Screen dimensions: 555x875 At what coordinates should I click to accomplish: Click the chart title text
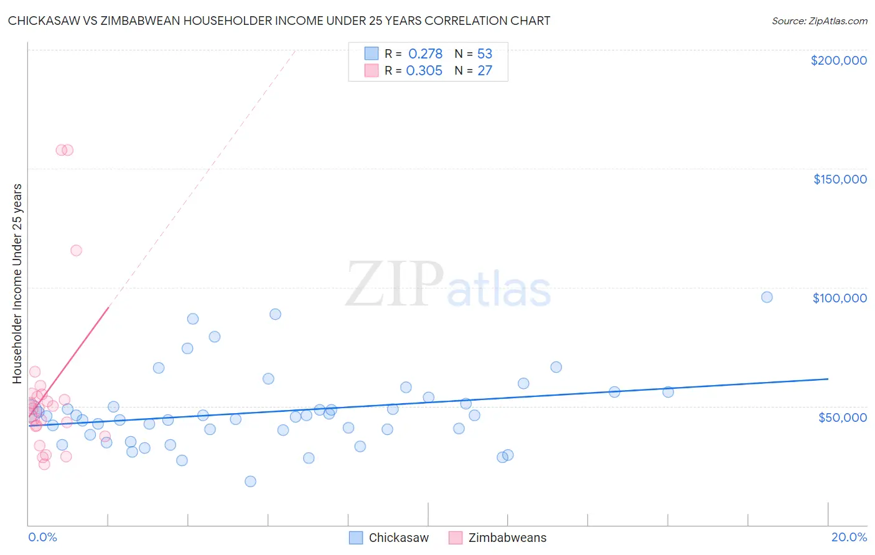[279, 21]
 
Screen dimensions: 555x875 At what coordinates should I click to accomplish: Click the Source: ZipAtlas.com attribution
[819, 21]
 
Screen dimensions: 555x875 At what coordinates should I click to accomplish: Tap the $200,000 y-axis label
[838, 60]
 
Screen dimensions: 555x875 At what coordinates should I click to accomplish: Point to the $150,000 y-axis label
[840, 179]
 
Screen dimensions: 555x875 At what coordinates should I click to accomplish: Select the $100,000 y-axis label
[840, 298]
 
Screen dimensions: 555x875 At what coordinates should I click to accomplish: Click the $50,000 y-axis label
[842, 417]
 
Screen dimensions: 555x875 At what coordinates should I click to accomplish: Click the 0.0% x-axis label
[42, 537]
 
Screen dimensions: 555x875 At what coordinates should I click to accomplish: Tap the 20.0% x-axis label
[849, 537]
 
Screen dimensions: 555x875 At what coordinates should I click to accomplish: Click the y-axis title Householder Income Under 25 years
[17, 283]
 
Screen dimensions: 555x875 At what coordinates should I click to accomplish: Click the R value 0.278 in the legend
[425, 54]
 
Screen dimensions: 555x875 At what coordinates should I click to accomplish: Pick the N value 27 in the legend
[485, 71]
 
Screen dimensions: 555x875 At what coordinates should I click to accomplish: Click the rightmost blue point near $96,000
[767, 297]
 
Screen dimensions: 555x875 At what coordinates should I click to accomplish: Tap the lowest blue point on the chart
[250, 481]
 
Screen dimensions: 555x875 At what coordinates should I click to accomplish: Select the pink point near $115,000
[76, 251]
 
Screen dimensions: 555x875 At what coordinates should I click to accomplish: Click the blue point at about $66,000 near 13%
[556, 367]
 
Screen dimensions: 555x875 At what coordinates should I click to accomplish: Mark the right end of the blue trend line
[828, 378]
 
